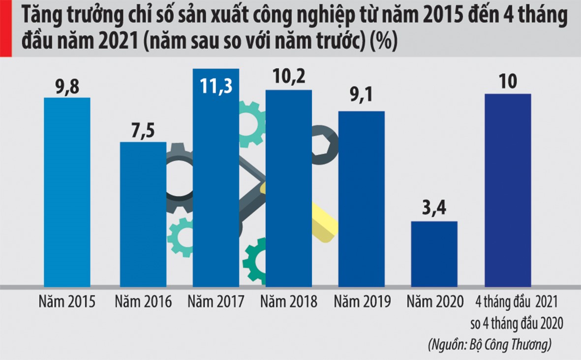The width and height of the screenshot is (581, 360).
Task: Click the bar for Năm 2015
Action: point(67,192)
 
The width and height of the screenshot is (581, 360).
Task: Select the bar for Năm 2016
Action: point(143,214)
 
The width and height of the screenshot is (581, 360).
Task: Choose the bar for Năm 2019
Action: point(362,199)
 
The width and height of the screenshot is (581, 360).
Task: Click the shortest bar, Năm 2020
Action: point(434,254)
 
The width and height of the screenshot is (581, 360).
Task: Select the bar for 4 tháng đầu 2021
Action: point(508,190)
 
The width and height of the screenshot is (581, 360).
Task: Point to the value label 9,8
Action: point(67,87)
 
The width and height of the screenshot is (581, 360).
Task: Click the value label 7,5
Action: point(143,131)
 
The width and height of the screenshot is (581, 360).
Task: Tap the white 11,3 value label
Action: point(216,85)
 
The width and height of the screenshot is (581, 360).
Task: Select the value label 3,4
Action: point(434,210)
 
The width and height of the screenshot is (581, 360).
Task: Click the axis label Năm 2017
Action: point(216,301)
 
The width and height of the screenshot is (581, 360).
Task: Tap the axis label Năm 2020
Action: point(434,301)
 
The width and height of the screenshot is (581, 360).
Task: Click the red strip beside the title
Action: point(5,28)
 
